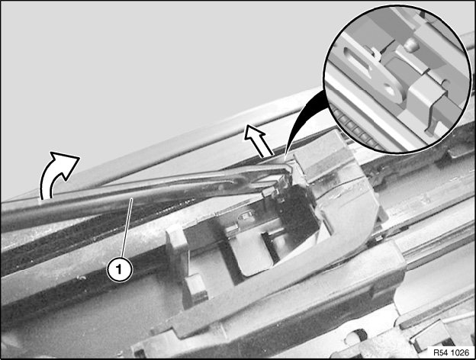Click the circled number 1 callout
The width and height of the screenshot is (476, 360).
[x=119, y=269]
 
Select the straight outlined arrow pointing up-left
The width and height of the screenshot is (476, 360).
[x=257, y=140]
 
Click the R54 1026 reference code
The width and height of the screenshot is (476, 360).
[x=451, y=352]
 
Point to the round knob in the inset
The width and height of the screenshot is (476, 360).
[x=411, y=45]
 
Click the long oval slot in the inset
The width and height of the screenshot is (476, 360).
[x=359, y=61]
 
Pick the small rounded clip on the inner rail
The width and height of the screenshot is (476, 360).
[x=243, y=217]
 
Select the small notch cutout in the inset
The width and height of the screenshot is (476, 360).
[x=445, y=82]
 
